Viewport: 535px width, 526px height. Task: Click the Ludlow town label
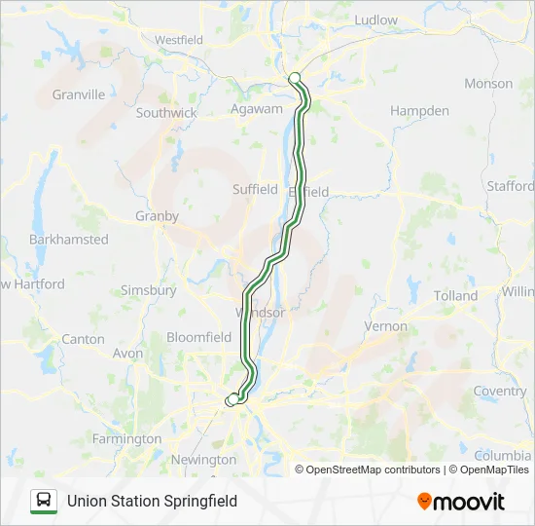pos(375,19)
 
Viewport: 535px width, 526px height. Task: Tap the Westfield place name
pos(179,40)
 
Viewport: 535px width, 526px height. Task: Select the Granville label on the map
pos(79,94)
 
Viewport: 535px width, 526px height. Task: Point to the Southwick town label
pos(166,113)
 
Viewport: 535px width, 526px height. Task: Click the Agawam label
pos(256,110)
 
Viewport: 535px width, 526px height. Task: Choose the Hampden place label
pos(419,111)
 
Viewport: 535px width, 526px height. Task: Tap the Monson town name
pos(488,84)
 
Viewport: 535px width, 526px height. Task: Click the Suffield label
pos(255,190)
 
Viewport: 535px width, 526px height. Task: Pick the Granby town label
pos(157,216)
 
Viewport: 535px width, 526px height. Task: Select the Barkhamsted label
pos(69,239)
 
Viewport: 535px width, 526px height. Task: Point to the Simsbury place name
pos(148,290)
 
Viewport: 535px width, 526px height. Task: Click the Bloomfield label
pos(199,337)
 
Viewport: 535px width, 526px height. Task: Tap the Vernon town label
pos(385,326)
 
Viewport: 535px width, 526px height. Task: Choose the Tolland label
pos(456,295)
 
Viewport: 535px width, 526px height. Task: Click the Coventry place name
pos(500,392)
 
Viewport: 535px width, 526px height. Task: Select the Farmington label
pos(126,439)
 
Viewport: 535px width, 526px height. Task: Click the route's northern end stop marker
pos(295,79)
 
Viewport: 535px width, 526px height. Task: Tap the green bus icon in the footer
pos(43,501)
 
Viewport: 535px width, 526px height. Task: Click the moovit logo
pos(461,501)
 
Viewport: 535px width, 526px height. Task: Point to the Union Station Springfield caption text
pos(152,501)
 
